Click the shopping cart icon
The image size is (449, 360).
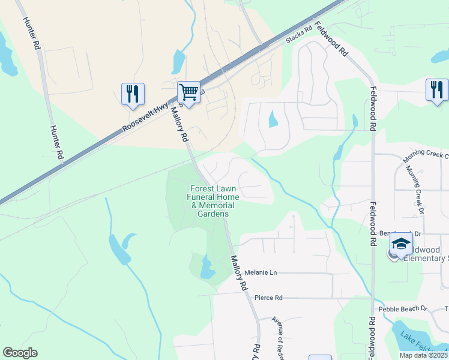coord(188,93)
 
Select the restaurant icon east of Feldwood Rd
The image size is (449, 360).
coord(436,90)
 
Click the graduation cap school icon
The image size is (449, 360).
coord(400,244)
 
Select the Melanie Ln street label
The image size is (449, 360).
coord(260,272)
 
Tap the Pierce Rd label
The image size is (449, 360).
coord(268,298)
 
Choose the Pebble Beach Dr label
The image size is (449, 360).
coord(402,308)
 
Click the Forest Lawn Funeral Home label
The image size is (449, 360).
coord(213,201)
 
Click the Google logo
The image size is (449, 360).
coord(20,353)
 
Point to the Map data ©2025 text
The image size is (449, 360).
coord(423,355)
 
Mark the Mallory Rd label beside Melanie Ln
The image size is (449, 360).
coord(238,273)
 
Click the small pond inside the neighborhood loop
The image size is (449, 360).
coord(274,119)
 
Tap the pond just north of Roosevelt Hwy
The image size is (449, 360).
coord(178,61)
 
